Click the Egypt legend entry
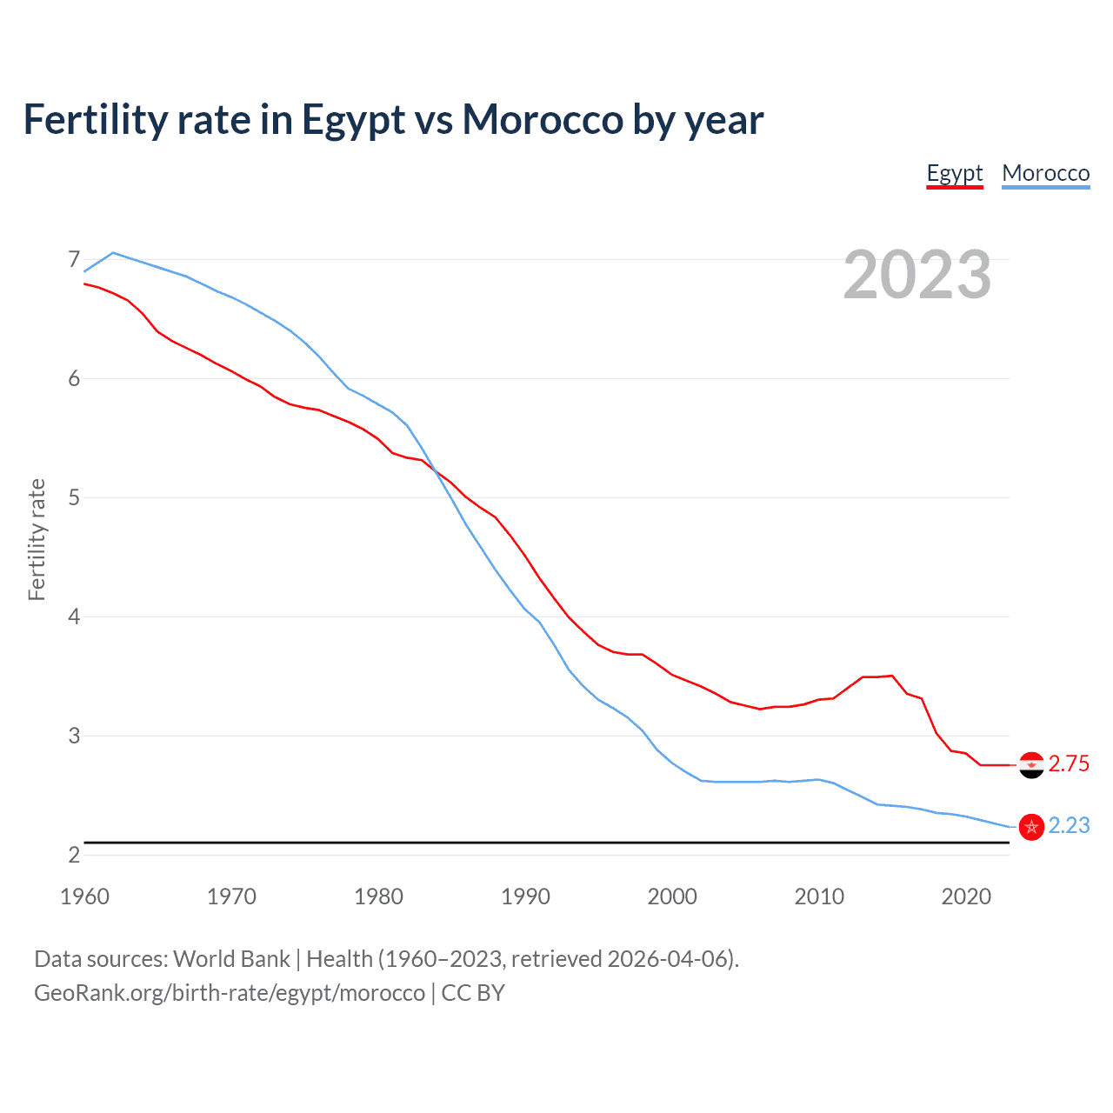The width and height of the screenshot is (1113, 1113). (x=954, y=173)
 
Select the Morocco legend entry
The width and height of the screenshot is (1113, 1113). (x=1045, y=173)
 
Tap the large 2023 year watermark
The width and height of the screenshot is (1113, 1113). (x=916, y=275)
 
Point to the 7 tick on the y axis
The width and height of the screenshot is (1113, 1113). (x=73, y=259)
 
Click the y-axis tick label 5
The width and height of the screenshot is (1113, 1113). (x=73, y=497)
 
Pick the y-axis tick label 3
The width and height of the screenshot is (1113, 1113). (x=73, y=736)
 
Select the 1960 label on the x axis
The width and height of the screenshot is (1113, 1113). (x=84, y=896)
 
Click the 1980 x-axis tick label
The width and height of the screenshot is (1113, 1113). (x=378, y=896)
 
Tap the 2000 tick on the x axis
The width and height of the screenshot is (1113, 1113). (x=672, y=896)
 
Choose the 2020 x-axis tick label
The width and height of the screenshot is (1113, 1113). (x=966, y=896)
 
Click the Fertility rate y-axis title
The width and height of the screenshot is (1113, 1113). (x=37, y=539)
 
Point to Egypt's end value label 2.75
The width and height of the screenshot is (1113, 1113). (x=1069, y=764)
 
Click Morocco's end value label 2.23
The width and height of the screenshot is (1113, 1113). (x=1069, y=826)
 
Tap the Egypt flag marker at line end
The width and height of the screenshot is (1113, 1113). (x=1031, y=765)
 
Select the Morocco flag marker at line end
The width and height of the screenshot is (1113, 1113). (x=1031, y=827)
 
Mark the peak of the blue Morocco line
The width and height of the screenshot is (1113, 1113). (x=113, y=253)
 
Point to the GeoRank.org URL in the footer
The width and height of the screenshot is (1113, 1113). (x=230, y=993)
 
